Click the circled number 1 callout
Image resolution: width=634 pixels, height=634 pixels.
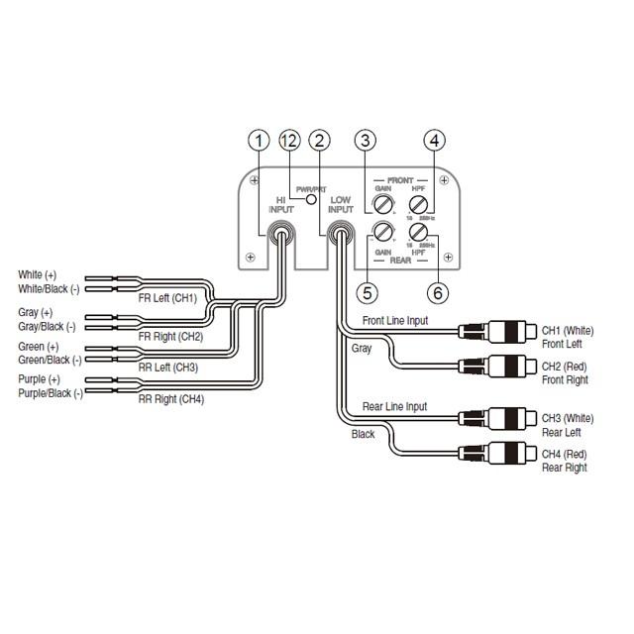point(259,141)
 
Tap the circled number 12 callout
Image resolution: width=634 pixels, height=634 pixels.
point(289,141)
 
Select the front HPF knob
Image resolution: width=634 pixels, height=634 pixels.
point(416,205)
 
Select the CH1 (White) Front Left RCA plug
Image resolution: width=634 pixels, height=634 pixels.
point(494,330)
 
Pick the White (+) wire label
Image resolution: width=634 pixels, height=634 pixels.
point(38,274)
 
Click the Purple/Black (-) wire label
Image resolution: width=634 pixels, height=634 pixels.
point(51,393)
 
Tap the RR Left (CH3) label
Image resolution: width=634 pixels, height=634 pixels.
point(167,367)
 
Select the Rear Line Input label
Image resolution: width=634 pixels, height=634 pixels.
point(394,406)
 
